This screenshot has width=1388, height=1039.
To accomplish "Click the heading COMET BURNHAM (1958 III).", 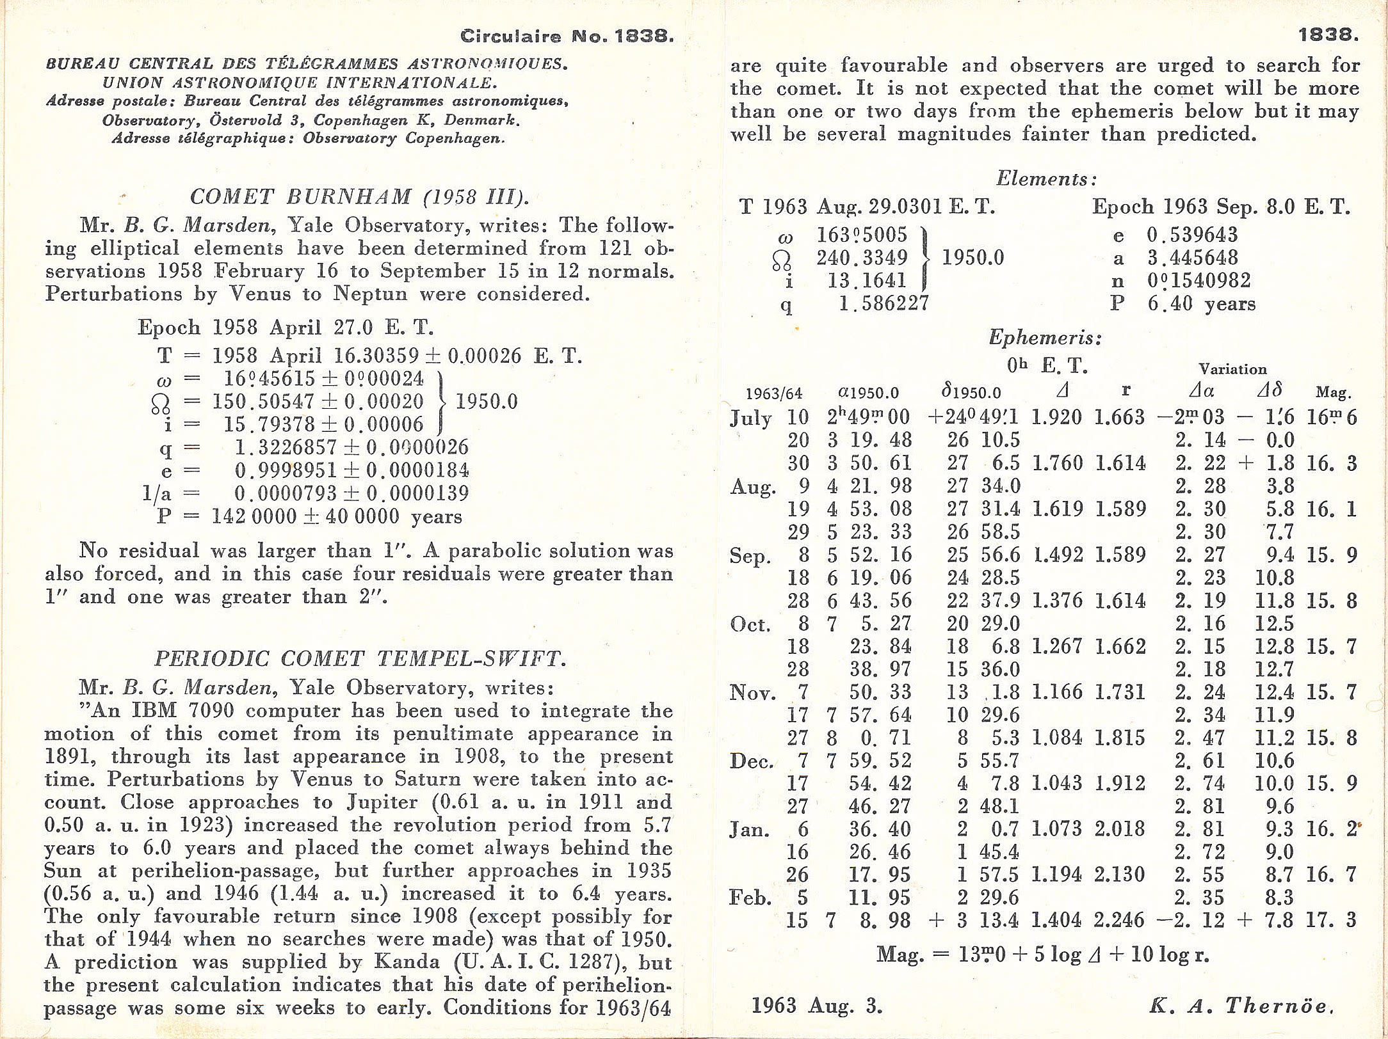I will pyautogui.click(x=359, y=196).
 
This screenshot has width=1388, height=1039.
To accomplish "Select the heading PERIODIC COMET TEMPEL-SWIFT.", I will pyautogui.click(x=360, y=658).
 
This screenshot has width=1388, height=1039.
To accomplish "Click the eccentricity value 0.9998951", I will pyautogui.click(x=286, y=470).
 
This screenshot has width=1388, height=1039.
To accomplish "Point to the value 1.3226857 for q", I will pyautogui.click(x=286, y=447).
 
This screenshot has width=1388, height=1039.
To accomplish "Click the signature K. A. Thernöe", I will pyautogui.click(x=1241, y=1005).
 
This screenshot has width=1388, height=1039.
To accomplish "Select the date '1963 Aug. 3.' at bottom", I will pyautogui.click(x=817, y=1005).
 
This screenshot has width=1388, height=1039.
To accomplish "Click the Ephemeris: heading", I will pyautogui.click(x=1045, y=337).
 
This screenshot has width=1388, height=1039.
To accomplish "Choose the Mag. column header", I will pyautogui.click(x=1333, y=392).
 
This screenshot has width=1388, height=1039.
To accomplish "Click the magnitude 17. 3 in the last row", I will pyautogui.click(x=1331, y=920).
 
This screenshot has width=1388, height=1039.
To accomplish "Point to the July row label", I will pyautogui.click(x=750, y=418).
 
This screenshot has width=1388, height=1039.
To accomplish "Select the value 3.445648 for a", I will pyautogui.click(x=1192, y=258).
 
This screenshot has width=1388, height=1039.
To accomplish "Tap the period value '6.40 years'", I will pyautogui.click(x=1201, y=304).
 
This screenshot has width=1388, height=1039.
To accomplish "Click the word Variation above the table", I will pyautogui.click(x=1232, y=369).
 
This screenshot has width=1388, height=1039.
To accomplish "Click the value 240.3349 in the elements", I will pyautogui.click(x=862, y=258).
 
